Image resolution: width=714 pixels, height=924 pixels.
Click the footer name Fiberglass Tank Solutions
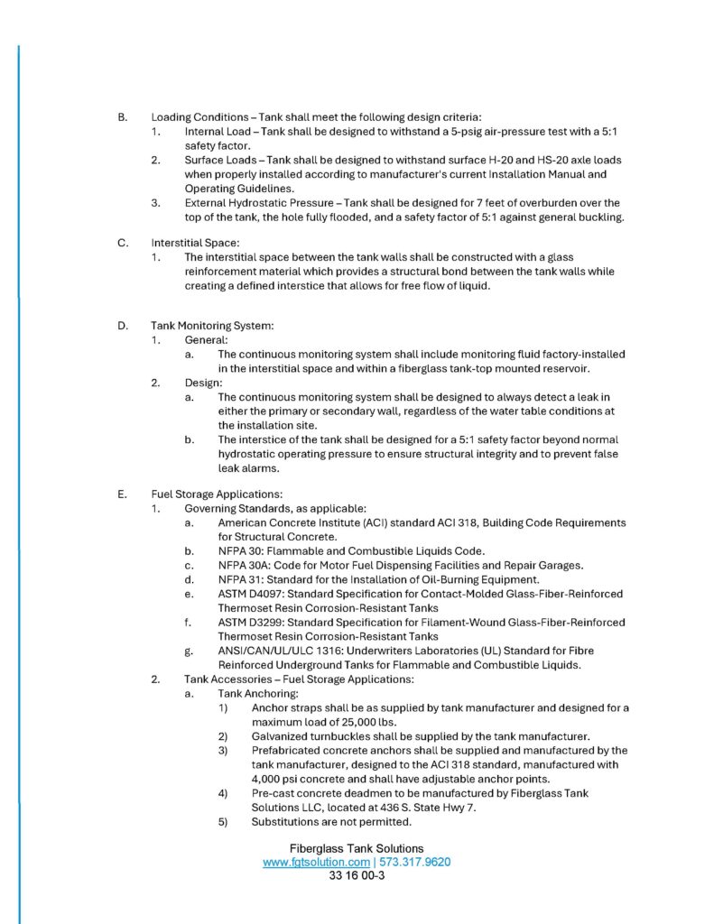click(357, 848)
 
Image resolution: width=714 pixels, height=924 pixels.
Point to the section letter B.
click(123, 116)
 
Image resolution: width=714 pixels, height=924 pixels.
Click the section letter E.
click(123, 494)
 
